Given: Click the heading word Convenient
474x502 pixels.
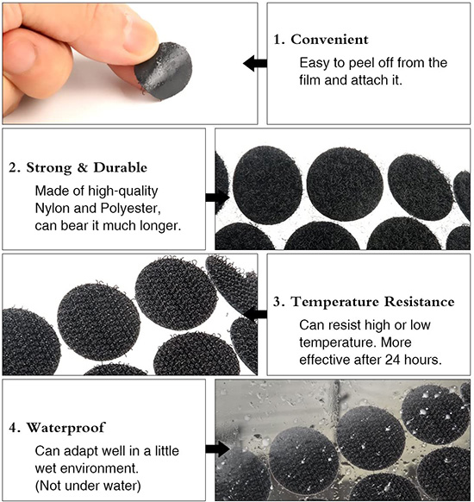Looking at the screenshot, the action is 329,40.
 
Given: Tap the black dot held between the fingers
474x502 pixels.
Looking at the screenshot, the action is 164,71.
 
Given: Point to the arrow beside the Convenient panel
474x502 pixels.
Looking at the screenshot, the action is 255,63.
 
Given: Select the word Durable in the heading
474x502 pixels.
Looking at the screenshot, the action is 121,167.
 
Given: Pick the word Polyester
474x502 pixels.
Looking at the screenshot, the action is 130,209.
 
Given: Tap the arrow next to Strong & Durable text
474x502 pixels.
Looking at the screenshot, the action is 217,198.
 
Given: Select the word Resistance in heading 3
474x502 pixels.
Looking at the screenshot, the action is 420,302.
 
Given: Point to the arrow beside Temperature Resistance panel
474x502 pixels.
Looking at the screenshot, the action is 255,314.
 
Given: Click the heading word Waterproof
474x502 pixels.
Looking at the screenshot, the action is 65,428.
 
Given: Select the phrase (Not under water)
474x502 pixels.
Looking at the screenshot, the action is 88,486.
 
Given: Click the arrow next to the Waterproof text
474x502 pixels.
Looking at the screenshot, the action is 217,449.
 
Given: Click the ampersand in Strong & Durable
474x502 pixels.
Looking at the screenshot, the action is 83,167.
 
